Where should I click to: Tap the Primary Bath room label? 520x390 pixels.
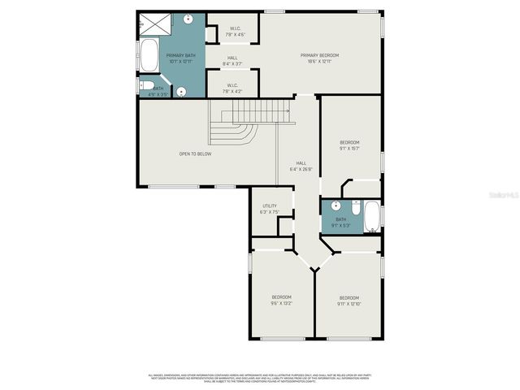point(179,58)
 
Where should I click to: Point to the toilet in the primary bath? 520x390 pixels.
point(147,85)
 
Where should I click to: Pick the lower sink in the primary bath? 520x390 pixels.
point(182,92)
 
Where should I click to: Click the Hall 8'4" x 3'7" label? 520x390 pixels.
point(232,60)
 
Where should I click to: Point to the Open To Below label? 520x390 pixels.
point(196,154)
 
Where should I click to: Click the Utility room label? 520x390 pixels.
point(269,209)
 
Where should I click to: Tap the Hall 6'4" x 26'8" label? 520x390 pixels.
point(301,166)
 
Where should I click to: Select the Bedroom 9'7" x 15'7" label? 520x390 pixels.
point(349,145)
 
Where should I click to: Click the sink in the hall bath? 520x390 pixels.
point(336,206)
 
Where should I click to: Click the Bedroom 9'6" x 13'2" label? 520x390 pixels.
point(281,300)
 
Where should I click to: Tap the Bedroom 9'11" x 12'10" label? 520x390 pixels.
point(349,300)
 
